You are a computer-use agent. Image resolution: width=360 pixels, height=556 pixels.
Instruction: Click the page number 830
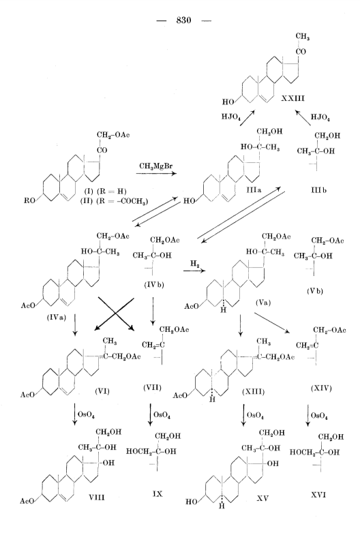tap(183, 20)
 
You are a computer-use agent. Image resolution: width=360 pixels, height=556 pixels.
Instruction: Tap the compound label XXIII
tap(293, 98)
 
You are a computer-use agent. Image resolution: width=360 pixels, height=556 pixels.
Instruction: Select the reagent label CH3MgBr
tap(156, 166)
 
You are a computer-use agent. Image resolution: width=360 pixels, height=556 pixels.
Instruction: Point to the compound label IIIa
tap(254, 190)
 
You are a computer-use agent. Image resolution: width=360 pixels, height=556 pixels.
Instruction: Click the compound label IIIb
tap(318, 190)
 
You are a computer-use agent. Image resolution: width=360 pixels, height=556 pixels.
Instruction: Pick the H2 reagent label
tap(194, 264)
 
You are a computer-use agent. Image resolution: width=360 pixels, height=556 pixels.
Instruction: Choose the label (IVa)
tap(57, 318)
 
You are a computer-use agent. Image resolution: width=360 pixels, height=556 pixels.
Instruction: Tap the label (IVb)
tap(154, 284)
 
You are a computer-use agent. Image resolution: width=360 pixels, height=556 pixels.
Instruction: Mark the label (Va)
tap(262, 303)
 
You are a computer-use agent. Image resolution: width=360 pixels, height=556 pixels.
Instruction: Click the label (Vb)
tap(315, 292)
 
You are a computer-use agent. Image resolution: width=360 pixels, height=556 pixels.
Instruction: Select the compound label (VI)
tap(102, 391)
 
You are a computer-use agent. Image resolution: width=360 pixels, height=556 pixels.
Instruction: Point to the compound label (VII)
tap(152, 388)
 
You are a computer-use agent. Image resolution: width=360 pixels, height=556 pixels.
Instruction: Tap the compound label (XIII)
tap(253, 392)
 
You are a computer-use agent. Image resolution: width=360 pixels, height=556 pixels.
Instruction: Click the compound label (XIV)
tap(321, 388)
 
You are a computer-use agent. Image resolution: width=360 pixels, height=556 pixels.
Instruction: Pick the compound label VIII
tap(97, 497)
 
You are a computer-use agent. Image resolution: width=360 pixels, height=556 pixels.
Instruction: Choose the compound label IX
tap(157, 493)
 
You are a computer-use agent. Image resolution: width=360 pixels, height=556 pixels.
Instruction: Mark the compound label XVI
tap(318, 495)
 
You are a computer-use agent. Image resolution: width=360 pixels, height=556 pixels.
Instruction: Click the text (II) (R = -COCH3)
tap(115, 201)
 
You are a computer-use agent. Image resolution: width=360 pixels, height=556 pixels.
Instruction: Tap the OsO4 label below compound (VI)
tap(86, 414)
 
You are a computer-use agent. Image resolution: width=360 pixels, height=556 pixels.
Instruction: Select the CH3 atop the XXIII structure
tap(303, 36)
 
